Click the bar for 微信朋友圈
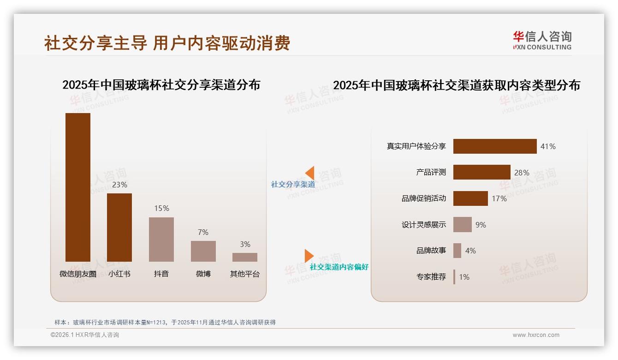pyautogui.click(x=78, y=187)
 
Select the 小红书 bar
pyautogui.click(x=119, y=227)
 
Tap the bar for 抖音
pyautogui.click(x=161, y=239)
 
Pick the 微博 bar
pyautogui.click(x=203, y=251)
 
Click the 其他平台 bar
pyautogui.click(x=245, y=257)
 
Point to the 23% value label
pyautogui.click(x=119, y=185)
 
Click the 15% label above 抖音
pyautogui.click(x=161, y=209)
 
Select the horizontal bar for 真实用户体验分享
pyautogui.click(x=495, y=146)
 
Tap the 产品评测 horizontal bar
pyautogui.click(x=481, y=172)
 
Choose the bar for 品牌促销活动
pyautogui.click(x=470, y=198)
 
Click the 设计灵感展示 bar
pyautogui.click(x=462, y=225)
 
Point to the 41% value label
pyautogui.click(x=548, y=146)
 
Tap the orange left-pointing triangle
pyautogui.click(x=310, y=173)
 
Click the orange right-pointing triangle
pyautogui.click(x=309, y=256)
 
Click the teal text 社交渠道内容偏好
pyautogui.click(x=339, y=267)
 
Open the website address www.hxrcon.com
pyautogui.click(x=536, y=335)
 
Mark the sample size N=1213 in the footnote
pyautogui.click(x=156, y=323)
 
